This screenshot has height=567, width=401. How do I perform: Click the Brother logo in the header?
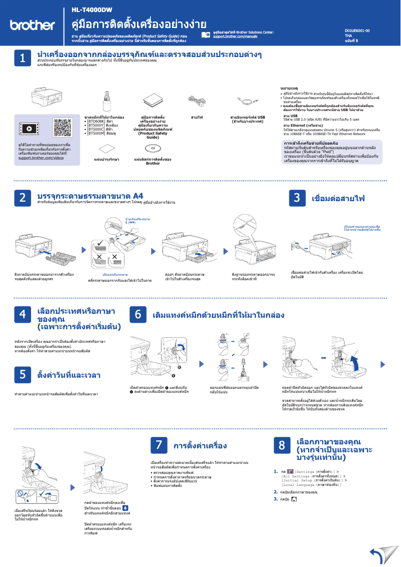click(32, 25)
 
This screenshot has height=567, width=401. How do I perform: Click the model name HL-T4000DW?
click(92, 10)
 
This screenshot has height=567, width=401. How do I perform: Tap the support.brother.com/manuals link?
click(235, 37)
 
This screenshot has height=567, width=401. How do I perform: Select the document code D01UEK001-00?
click(357, 31)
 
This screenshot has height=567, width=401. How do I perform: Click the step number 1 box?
click(22, 59)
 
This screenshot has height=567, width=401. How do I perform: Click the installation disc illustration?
click(152, 149)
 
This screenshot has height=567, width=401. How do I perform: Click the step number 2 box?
click(22, 198)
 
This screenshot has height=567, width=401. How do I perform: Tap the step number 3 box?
click(297, 198)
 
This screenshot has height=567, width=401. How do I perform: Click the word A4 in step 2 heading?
click(138, 195)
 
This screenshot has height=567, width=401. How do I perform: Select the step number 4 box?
click(22, 314)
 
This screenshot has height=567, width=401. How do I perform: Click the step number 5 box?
click(22, 374)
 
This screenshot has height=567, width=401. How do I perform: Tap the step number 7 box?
click(158, 445)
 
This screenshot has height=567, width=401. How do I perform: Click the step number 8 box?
click(282, 445)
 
